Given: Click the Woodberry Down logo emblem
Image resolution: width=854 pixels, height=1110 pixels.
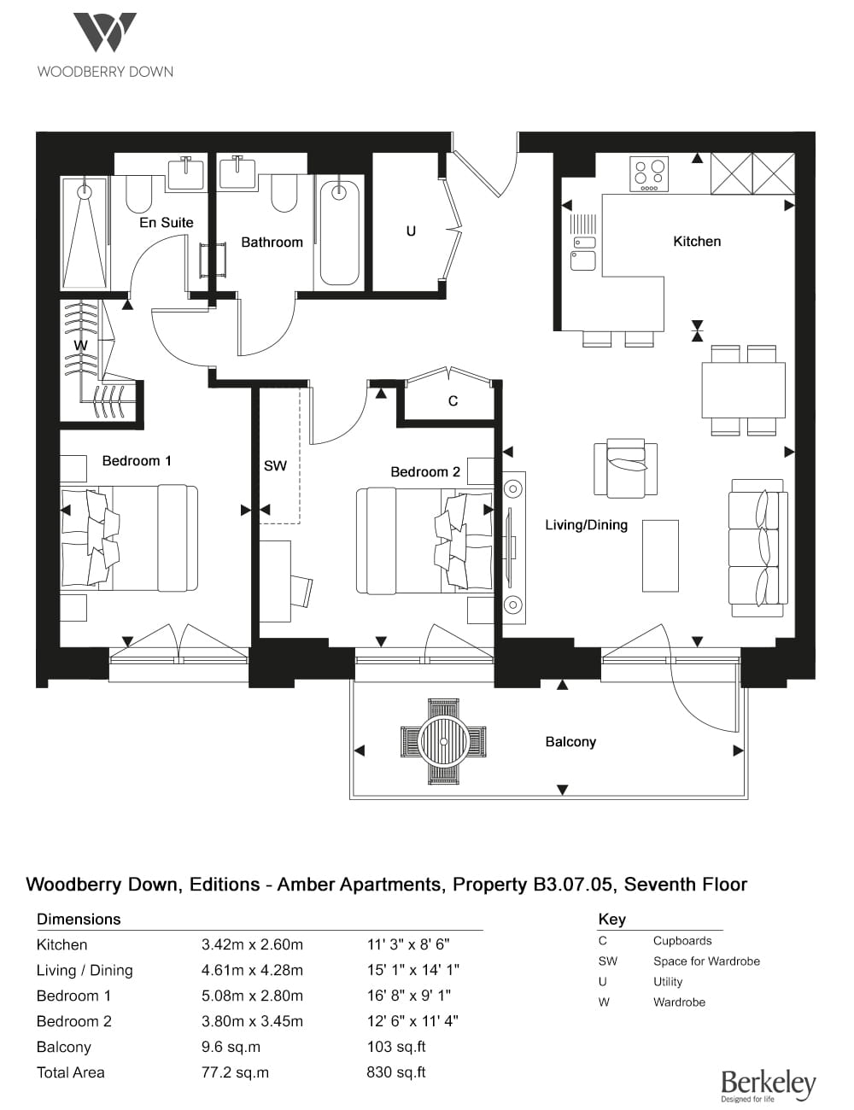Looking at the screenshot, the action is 105,32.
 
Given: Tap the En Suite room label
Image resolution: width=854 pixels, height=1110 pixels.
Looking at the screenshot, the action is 167,223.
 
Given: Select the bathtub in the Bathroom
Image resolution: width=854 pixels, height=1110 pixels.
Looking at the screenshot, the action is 339,233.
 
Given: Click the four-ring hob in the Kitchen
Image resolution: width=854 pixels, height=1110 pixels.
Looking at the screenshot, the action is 650,174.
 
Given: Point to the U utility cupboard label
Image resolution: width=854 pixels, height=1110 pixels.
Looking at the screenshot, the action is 411,231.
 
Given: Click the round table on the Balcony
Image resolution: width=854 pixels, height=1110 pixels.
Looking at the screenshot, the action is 443,742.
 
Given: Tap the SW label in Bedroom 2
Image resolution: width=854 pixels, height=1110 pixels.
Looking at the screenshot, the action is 275,466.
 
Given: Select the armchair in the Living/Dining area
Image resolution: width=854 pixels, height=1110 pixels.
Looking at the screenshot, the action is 625,467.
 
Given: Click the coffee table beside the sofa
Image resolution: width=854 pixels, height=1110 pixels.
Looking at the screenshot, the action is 660,556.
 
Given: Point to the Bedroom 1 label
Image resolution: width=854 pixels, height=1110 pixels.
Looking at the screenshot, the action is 137,461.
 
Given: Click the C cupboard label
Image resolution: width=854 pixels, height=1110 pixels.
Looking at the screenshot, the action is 453,401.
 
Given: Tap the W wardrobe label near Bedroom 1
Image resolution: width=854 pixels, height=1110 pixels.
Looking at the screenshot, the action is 80,346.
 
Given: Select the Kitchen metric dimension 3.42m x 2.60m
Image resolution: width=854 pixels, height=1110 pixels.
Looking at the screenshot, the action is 252,944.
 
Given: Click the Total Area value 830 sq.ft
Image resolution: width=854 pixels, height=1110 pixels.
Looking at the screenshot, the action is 396,1072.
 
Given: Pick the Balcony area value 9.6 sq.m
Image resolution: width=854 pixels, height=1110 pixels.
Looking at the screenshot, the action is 231,1047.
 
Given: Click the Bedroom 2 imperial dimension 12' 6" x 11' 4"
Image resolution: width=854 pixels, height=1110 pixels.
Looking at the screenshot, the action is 412,1021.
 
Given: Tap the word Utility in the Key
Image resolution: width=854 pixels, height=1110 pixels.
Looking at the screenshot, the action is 668,982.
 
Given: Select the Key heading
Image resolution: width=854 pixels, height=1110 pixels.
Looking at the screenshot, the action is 612,920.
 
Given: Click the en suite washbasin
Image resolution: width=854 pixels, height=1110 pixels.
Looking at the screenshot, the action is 185,172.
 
